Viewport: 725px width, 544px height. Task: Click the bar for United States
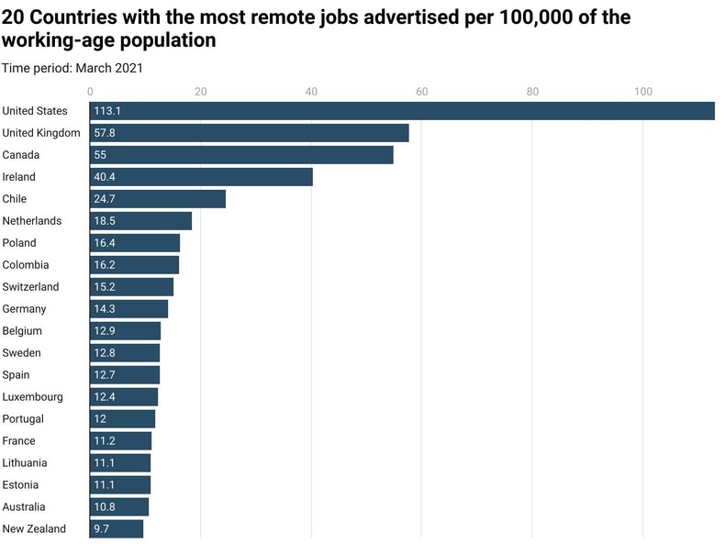[402, 111]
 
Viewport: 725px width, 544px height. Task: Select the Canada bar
[242, 155]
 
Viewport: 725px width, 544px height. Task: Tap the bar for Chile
[158, 199]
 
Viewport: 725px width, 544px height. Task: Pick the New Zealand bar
[117, 529]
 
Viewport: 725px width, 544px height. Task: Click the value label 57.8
[105, 133]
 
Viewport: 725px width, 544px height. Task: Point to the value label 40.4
[105, 177]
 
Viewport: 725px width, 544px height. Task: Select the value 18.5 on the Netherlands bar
[105, 221]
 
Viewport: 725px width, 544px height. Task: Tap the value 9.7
[102, 529]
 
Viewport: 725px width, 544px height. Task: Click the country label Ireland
[18, 177]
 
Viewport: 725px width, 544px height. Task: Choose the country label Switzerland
[30, 287]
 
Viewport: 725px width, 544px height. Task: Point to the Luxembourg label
[32, 397]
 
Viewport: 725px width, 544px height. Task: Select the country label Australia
[24, 507]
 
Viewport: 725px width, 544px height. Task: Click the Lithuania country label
[25, 463]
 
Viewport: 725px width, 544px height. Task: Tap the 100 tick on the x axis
[642, 91]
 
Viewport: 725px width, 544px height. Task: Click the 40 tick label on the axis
[312, 91]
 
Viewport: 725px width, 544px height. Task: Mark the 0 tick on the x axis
[90, 91]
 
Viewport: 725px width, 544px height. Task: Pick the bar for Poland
[135, 243]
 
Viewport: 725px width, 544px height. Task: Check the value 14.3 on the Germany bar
[105, 309]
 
